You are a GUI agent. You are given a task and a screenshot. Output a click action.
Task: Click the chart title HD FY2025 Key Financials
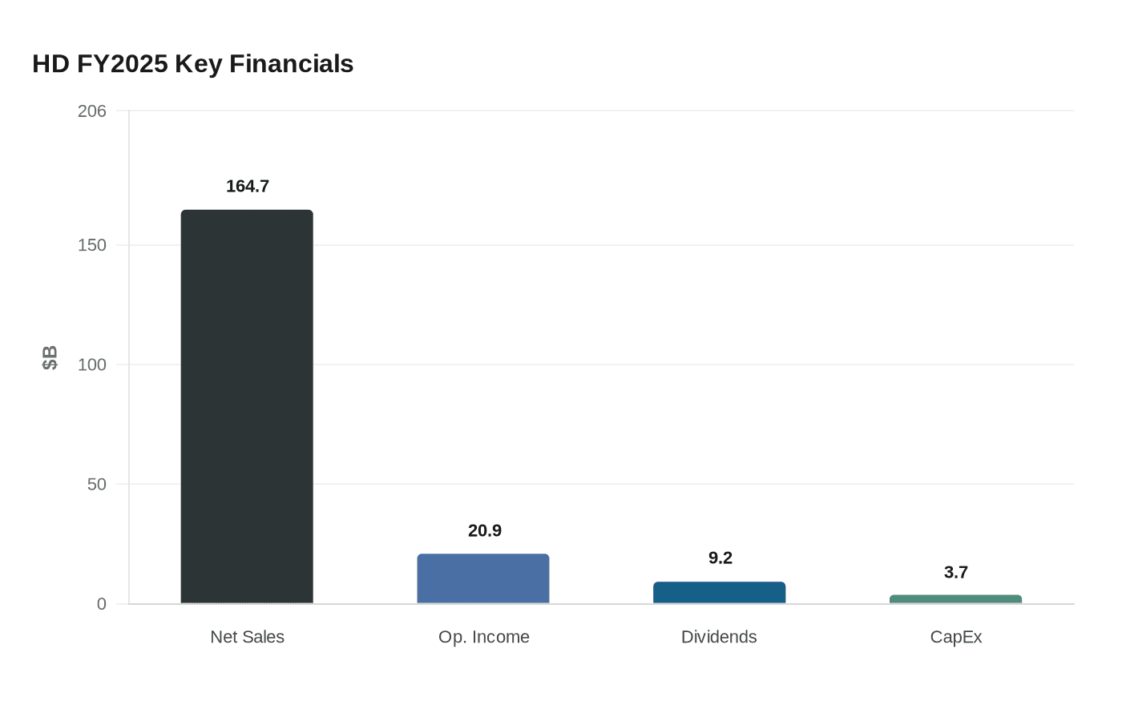click(192, 64)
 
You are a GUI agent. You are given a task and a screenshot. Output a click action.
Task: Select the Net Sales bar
click(247, 407)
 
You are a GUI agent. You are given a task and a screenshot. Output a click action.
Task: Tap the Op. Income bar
click(483, 578)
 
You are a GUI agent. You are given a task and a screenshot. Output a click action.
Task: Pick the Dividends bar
click(719, 593)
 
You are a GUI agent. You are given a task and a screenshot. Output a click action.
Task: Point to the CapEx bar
click(955, 599)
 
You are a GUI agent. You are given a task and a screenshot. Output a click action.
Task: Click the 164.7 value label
click(248, 187)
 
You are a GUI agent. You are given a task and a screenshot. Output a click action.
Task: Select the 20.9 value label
click(485, 531)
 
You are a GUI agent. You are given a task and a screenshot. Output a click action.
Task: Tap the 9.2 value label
click(720, 558)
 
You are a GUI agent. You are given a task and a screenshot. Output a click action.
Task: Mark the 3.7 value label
click(956, 573)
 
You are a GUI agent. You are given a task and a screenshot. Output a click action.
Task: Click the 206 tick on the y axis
click(92, 111)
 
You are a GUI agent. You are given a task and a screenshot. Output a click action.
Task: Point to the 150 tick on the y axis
click(92, 245)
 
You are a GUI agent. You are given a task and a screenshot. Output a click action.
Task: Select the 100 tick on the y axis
click(92, 365)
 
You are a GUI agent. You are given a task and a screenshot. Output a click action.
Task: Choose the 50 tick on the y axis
click(97, 485)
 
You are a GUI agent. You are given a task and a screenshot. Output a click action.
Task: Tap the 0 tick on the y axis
click(102, 604)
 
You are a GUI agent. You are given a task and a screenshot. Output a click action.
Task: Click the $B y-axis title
click(50, 358)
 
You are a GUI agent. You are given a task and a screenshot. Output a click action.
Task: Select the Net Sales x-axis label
click(247, 637)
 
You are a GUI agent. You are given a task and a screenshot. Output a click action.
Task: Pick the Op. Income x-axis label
click(484, 637)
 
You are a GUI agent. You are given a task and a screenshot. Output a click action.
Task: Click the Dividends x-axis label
click(719, 637)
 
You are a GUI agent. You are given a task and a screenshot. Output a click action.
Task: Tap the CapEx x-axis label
click(956, 637)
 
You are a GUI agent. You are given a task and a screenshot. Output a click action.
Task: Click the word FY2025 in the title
click(123, 64)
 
